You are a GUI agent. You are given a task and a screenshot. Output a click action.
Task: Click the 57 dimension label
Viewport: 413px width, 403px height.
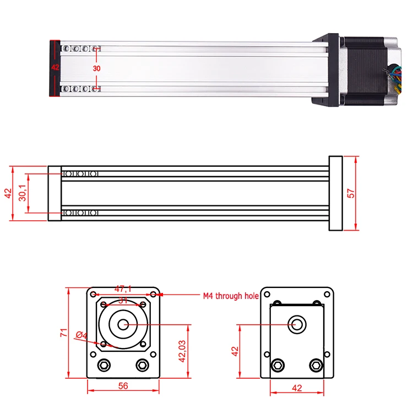pyautogui.click(x=351, y=193)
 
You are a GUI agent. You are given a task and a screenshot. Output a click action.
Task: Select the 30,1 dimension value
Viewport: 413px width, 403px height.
pyautogui.click(x=23, y=193)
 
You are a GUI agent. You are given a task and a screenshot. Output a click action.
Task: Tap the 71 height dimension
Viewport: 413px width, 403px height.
pyautogui.click(x=64, y=333)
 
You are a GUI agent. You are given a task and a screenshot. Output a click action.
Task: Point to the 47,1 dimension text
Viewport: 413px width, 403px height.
pyautogui.click(x=123, y=289)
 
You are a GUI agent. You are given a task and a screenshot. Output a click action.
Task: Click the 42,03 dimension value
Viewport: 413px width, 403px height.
pyautogui.click(x=182, y=351)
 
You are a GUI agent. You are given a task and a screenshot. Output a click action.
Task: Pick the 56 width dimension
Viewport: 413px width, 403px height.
pyautogui.click(x=123, y=386)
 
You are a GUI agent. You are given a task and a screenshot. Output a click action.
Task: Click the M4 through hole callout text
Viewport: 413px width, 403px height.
pyautogui.click(x=231, y=296)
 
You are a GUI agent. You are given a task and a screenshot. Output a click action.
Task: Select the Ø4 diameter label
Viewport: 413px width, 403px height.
pyautogui.click(x=81, y=335)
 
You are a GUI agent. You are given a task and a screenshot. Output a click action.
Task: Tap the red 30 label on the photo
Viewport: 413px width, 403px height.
pyautogui.click(x=97, y=68)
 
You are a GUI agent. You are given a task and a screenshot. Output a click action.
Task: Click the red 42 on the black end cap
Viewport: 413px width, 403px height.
pyautogui.click(x=55, y=67)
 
